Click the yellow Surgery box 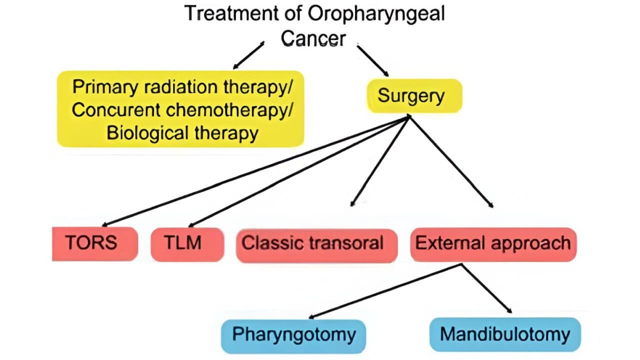click(411, 95)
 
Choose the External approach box click(492, 244)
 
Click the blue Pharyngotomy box click(294, 334)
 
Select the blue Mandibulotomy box click(505, 334)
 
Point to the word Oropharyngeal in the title click(376, 14)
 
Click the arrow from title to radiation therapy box click(248, 55)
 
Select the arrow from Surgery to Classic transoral click(380, 160)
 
